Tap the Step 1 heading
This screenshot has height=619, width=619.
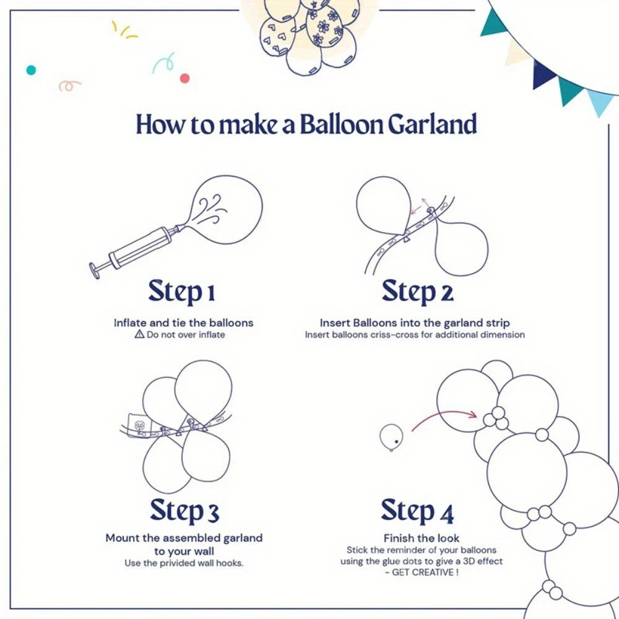tap(182, 292)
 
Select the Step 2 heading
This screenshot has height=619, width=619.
tap(417, 292)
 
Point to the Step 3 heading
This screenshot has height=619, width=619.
tap(184, 511)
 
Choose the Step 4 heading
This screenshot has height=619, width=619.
tap(417, 511)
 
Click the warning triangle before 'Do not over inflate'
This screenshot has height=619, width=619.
tap(139, 334)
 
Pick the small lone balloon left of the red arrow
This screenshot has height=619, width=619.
tap(391, 436)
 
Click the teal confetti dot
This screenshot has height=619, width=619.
tap(30, 70)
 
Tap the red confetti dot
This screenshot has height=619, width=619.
tap(184, 78)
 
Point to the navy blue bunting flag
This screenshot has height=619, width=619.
tap(545, 74)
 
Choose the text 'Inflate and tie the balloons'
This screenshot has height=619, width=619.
tap(183, 322)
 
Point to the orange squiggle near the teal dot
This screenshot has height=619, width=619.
tap(69, 85)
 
